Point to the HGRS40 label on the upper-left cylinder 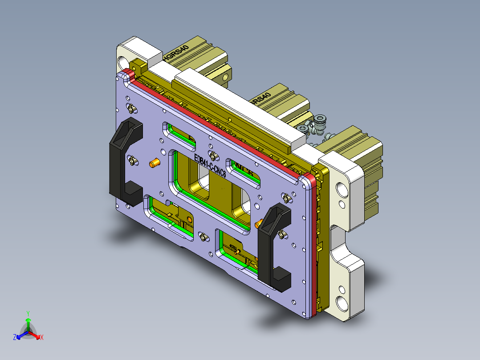click(x=176, y=52)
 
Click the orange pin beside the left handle click(x=155, y=163)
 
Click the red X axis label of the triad click(x=42, y=338)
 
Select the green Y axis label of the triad click(x=28, y=313)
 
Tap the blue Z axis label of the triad click(x=15, y=338)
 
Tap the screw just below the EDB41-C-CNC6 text click(x=214, y=155)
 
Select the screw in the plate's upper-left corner click(x=131, y=108)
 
